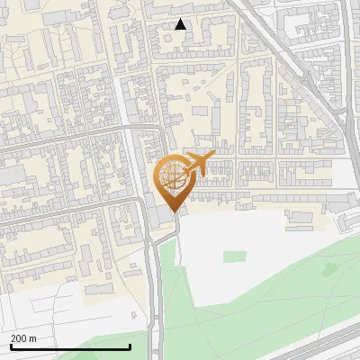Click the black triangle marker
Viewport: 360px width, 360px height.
point(181,24)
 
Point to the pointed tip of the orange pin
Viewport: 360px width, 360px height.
point(174,211)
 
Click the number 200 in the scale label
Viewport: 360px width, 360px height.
point(20,338)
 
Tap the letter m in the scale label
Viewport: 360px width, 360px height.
point(33,338)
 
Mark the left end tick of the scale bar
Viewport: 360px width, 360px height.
point(10,346)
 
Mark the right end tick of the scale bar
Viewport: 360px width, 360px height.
point(130,346)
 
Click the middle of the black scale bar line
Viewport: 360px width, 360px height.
point(70,347)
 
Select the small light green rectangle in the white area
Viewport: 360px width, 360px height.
point(234,257)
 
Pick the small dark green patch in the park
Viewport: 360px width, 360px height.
point(330,268)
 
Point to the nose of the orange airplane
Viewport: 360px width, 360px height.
point(214,156)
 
